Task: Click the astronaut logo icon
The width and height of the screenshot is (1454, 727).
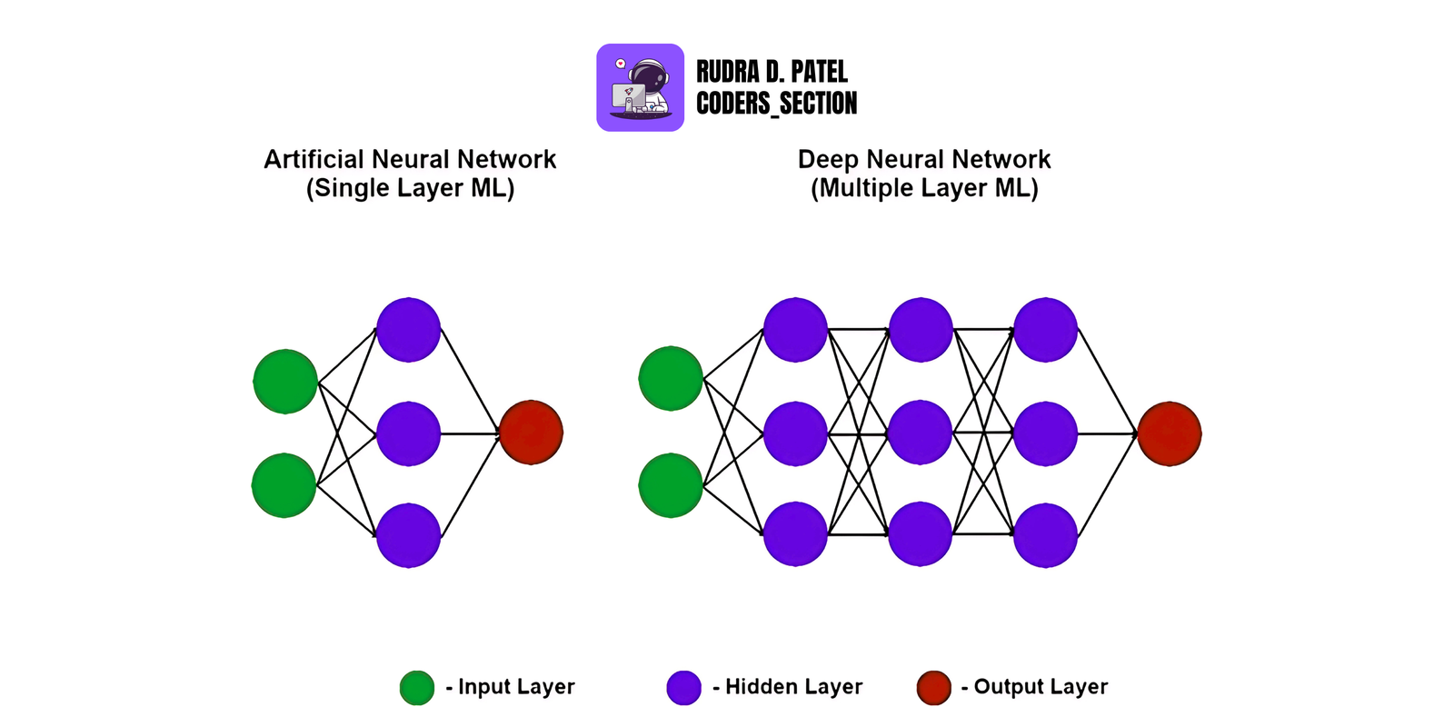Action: click(640, 87)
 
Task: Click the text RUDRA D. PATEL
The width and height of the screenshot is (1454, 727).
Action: click(772, 72)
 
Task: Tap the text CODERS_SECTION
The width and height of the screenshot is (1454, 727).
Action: click(776, 104)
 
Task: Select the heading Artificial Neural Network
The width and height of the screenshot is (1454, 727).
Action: click(410, 159)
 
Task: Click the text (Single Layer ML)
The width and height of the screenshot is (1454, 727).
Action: click(410, 188)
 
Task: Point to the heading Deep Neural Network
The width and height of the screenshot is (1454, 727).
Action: click(924, 159)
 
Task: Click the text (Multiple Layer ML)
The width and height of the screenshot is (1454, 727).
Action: click(924, 188)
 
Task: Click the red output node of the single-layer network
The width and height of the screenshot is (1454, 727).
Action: click(531, 433)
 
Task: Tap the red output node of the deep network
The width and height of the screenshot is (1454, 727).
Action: click(1170, 433)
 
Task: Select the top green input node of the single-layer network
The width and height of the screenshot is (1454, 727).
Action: click(285, 382)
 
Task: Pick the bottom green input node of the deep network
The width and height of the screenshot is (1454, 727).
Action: click(671, 486)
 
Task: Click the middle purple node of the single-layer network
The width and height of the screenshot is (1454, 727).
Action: click(408, 433)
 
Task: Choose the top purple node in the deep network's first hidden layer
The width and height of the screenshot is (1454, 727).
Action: click(795, 330)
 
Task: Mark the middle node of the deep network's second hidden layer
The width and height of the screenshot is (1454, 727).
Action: click(920, 433)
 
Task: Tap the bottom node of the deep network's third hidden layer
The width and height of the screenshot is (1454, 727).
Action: click(1045, 535)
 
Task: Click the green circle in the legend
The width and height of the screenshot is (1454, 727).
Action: click(417, 688)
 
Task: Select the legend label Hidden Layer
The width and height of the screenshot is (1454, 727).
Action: click(792, 687)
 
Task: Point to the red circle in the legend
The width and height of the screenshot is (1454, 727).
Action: click(933, 688)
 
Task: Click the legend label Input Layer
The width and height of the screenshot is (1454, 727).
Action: click(515, 687)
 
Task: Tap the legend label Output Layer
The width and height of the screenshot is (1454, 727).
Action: click(1040, 687)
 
